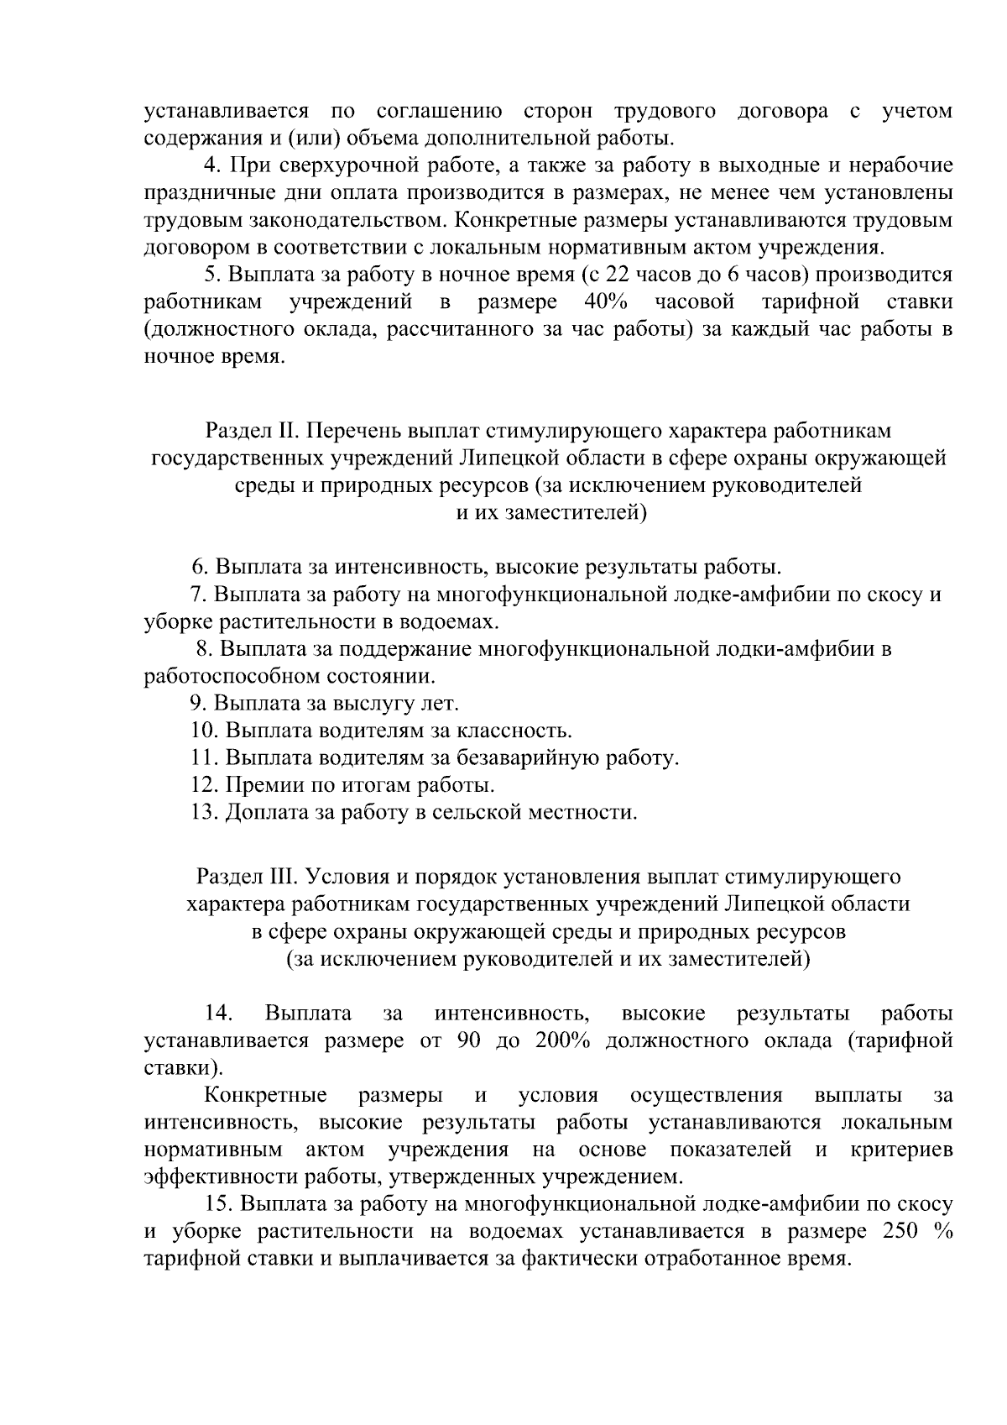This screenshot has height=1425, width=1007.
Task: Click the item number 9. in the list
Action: [x=199, y=703]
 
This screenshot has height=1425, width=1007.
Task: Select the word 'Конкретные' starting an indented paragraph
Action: [x=265, y=1096]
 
